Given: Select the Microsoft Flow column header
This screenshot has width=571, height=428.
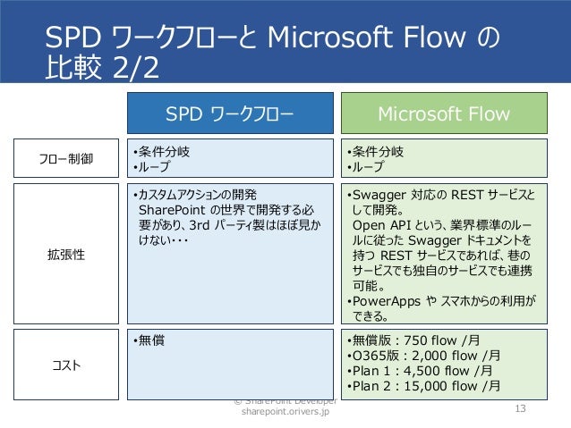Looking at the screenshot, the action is (x=444, y=114).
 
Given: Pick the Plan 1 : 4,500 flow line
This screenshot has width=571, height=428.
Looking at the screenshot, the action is (x=413, y=371).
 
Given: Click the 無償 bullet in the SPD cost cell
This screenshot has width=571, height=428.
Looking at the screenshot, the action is (x=149, y=340).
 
